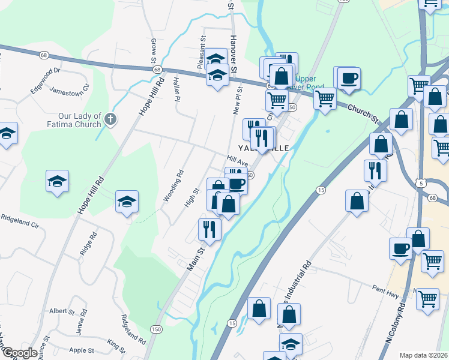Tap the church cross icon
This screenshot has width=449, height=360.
click(x=110, y=118)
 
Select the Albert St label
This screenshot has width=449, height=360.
click(x=62, y=311)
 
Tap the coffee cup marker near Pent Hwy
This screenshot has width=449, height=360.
click(x=400, y=248)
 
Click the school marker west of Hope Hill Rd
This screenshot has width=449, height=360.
click(x=57, y=181)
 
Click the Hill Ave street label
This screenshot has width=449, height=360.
click(x=237, y=161)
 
